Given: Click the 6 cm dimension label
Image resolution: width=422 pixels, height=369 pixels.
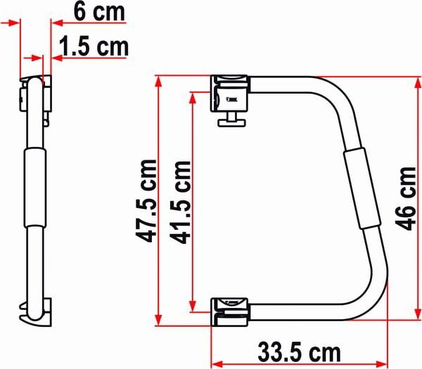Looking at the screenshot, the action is coord(99,12).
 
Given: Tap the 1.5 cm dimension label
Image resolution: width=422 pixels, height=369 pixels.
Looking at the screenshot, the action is coord(94,46).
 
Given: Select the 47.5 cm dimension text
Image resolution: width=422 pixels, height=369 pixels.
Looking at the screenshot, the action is coord(146,201).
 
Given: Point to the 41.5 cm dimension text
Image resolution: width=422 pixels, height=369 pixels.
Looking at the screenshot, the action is coord(180,202).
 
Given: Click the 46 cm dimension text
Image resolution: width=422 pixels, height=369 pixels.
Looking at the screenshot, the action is coord(406,198).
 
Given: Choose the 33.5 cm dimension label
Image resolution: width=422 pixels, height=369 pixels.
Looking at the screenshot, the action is coord(299,352).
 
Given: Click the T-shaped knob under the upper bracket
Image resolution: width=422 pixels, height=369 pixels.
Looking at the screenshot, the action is coord(231,119).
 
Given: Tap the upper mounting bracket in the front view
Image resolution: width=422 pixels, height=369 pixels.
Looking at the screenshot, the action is coord(230,93).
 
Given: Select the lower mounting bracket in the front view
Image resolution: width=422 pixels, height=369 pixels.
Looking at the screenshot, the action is coord(229,312).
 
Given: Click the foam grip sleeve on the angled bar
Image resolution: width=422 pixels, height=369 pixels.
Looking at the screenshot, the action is coord(362,188).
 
